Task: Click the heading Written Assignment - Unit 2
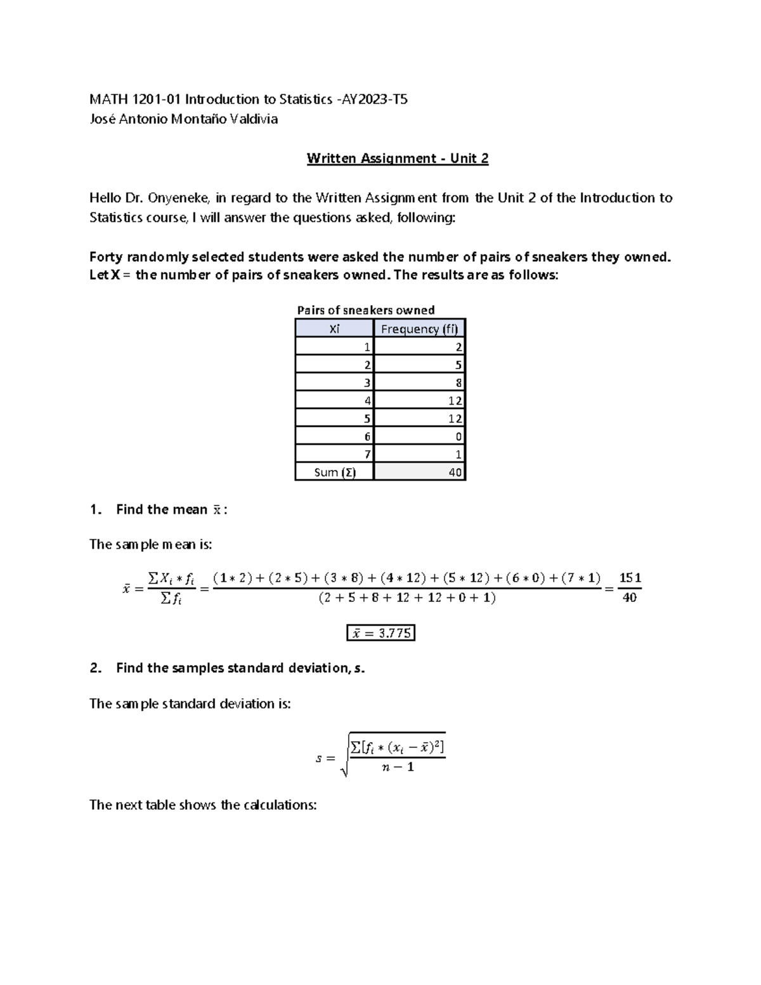398,159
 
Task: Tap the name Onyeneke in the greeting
177,198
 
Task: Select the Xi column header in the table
334,329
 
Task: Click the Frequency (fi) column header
419,329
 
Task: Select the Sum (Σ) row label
334,472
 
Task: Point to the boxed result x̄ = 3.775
380,633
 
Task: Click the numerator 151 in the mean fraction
630,578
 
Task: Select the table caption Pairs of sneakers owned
366,310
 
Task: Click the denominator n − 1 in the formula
398,767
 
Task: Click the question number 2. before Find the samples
96,668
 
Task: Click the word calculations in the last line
281,805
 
